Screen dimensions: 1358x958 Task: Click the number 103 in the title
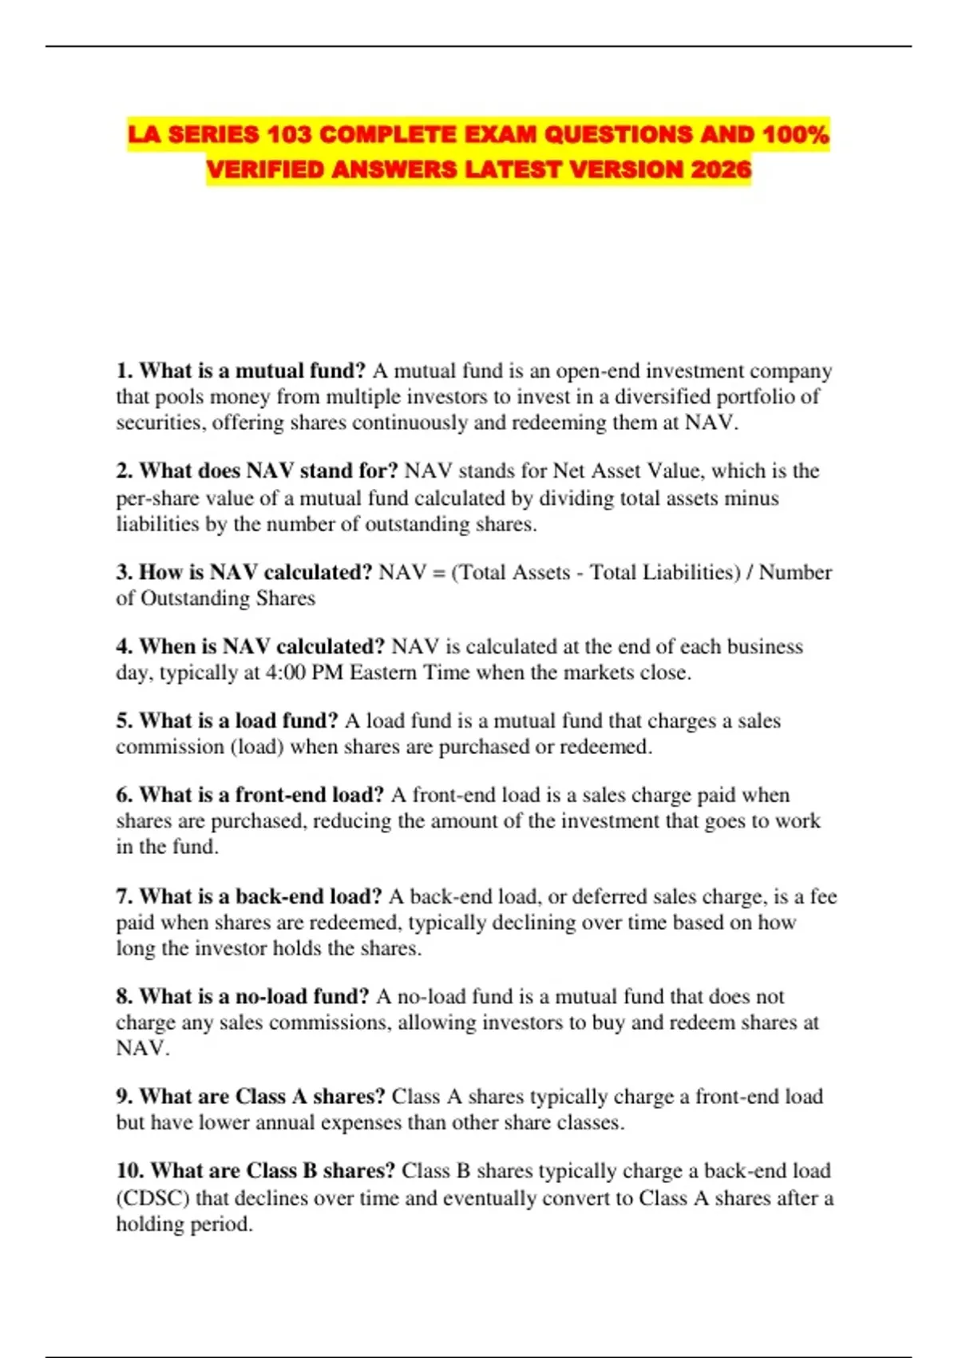[x=290, y=134]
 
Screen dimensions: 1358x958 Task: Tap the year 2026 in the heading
[x=721, y=169]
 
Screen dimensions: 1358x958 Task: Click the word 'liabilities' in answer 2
[x=152, y=524]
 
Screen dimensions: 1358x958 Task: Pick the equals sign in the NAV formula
[x=439, y=573]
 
